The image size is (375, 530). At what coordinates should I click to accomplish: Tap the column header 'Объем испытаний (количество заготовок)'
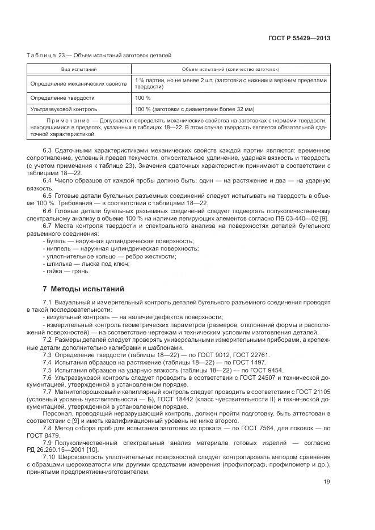(230, 69)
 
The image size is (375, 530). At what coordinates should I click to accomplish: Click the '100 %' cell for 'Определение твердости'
(143, 97)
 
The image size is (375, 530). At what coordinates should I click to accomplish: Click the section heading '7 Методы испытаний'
(83, 289)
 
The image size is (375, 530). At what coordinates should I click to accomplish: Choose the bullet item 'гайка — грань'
(66, 271)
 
